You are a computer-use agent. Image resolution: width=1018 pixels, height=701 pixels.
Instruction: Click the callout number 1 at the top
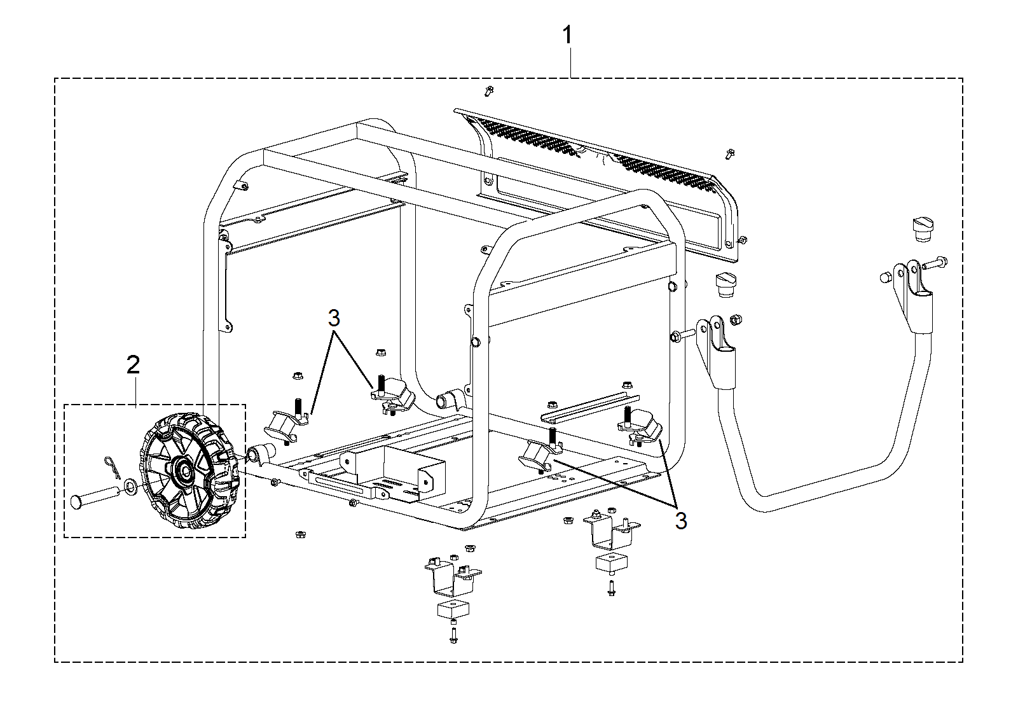(x=568, y=35)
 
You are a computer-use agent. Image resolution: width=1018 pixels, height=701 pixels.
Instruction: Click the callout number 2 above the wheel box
(x=133, y=365)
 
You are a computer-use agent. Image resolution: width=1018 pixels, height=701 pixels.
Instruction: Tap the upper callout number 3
(x=334, y=319)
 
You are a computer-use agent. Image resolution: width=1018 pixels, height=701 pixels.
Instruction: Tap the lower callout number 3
(x=681, y=522)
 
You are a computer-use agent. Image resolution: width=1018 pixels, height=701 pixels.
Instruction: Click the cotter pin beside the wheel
(x=113, y=467)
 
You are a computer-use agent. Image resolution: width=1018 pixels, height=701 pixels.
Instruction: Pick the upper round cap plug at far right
(x=923, y=230)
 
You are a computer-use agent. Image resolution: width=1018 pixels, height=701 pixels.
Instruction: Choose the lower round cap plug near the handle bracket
(x=726, y=285)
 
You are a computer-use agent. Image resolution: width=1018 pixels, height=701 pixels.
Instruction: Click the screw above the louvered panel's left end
(x=489, y=91)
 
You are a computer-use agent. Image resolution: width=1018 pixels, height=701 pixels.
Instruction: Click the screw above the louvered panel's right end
(x=731, y=154)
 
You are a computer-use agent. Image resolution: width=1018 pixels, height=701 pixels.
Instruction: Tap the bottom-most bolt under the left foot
(x=453, y=635)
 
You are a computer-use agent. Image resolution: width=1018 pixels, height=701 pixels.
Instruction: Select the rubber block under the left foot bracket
(x=453, y=609)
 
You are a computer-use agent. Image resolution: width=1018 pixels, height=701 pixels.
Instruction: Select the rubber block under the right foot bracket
(x=612, y=563)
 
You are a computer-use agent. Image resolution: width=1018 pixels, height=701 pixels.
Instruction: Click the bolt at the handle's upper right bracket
(x=935, y=262)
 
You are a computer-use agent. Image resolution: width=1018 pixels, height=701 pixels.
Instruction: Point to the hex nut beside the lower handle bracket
(x=736, y=319)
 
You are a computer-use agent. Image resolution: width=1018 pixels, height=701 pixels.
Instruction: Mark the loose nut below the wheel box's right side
(x=300, y=534)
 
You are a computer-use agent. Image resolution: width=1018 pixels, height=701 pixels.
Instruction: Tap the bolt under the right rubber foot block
(x=611, y=588)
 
